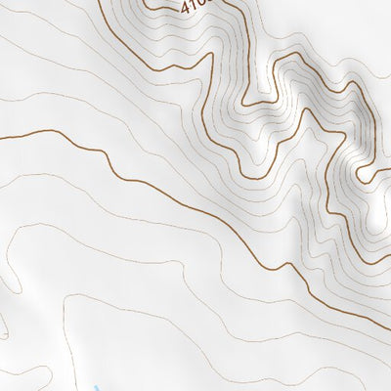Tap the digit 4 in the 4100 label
tap(184, 4)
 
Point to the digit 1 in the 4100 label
tap(193, 7)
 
